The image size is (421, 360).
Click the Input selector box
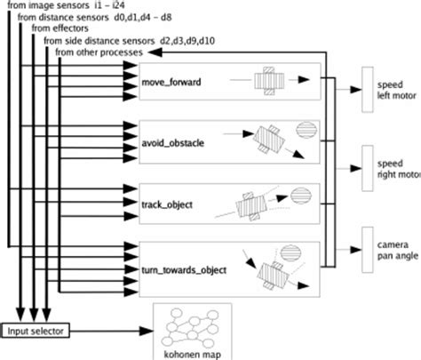(x=36, y=331)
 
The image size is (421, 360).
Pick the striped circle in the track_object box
(x=301, y=193)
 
